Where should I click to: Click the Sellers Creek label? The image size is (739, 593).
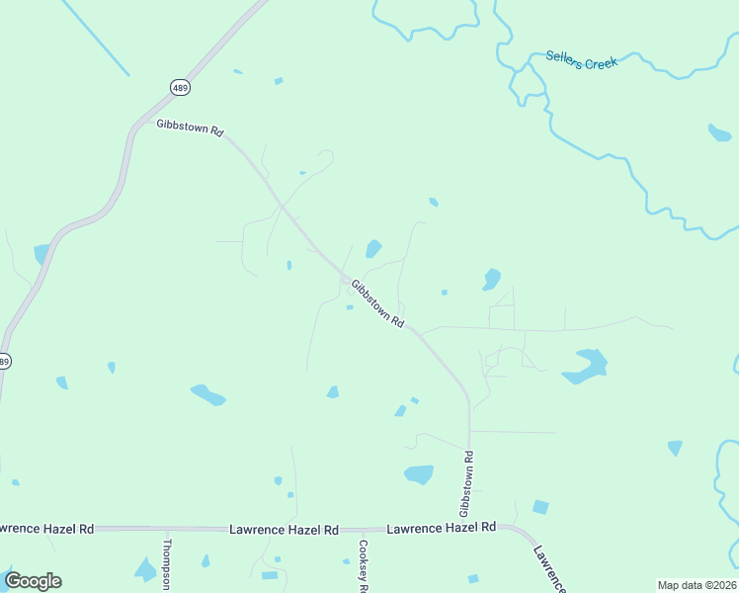581,62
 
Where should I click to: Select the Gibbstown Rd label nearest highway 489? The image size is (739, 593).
191,127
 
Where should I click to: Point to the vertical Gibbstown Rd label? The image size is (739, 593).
466,483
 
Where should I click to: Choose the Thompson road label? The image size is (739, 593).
167,562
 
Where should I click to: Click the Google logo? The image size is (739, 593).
33,581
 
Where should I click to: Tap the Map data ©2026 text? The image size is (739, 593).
697,584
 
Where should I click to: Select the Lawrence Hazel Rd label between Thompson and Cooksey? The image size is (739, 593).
284,530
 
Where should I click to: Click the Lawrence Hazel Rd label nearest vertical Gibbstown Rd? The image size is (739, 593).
441,529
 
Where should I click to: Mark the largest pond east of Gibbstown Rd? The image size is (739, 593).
585,367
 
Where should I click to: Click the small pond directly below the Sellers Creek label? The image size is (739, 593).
719,132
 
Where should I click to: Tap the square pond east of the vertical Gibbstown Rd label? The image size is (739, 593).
539,507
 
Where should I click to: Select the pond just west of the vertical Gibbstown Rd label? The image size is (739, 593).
419,474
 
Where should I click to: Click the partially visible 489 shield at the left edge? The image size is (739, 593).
4,362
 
